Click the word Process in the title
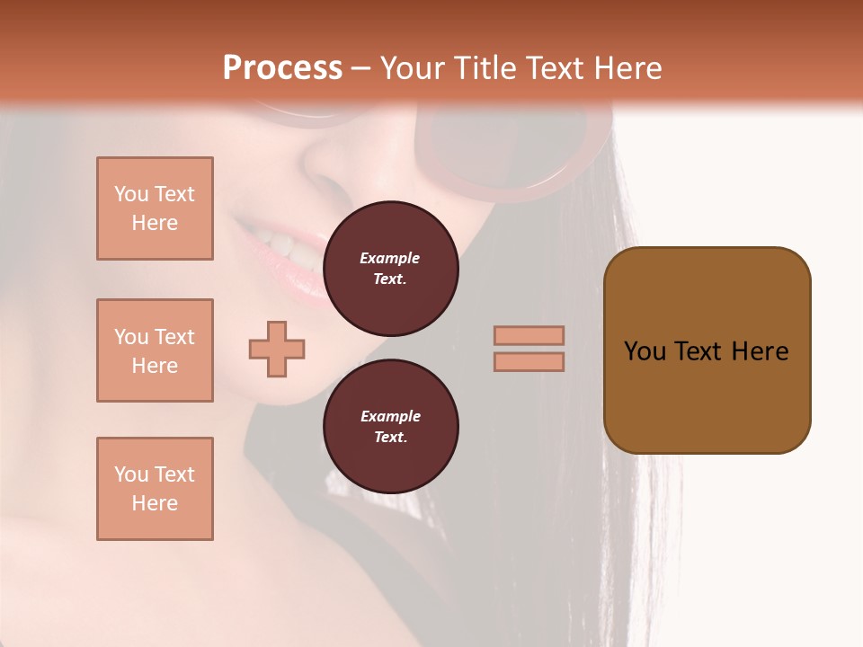282,68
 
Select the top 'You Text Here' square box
155,208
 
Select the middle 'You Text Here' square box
155,350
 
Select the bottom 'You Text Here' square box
155,489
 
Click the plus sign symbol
277,349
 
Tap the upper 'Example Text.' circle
390,269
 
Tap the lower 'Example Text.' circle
390,427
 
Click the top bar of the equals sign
529,335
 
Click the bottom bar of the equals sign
529,361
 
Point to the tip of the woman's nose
324,166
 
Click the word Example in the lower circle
390,416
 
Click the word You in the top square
131,194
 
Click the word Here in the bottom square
155,503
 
